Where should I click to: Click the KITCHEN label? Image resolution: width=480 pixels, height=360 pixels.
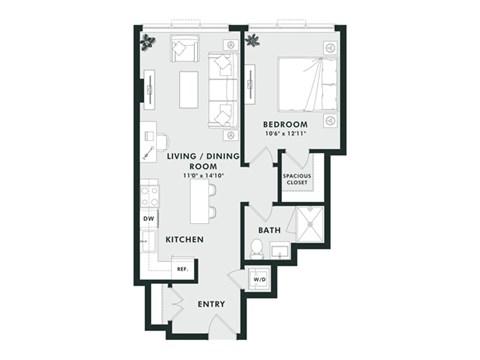point(185,240)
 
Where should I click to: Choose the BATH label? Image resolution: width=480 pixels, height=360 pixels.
point(269,231)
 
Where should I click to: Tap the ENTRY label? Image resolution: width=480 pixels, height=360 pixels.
point(211,304)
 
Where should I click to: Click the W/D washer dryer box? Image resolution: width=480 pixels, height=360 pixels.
point(260,280)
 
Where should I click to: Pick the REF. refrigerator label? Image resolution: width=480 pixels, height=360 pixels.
point(182,268)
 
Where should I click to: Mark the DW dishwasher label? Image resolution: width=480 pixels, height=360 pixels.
point(148,218)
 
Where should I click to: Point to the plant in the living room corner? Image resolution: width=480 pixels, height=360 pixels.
point(148,42)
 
